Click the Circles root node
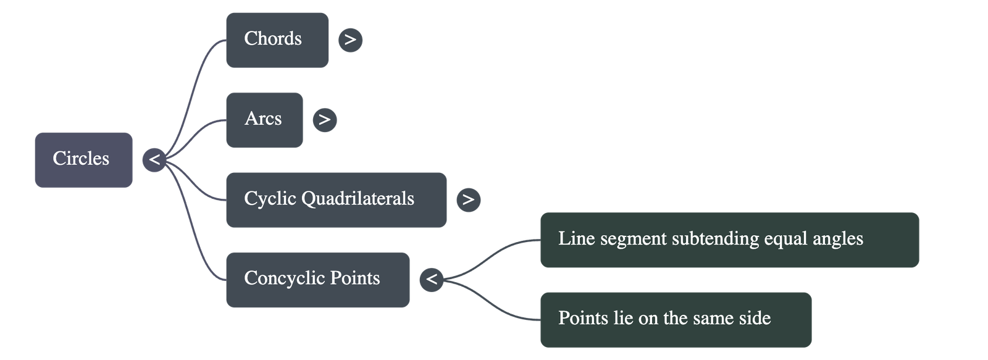click(83, 159)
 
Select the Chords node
click(277, 40)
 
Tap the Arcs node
click(264, 119)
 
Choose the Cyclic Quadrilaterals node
click(335, 199)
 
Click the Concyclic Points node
click(317, 279)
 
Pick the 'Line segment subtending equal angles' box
click(729, 240)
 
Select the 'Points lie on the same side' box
click(675, 319)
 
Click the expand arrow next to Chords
click(350, 40)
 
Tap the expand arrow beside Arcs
click(325, 120)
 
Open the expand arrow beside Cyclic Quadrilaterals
click(468, 199)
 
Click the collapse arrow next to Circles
click(154, 160)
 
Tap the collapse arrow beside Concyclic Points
click(432, 279)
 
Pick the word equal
click(785, 240)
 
